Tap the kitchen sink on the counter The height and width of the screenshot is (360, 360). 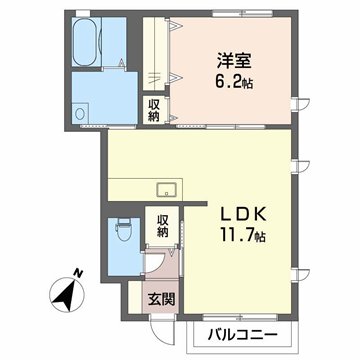point(166,190)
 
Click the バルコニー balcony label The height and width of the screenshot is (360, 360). point(244,334)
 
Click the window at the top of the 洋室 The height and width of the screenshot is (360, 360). point(240,13)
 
